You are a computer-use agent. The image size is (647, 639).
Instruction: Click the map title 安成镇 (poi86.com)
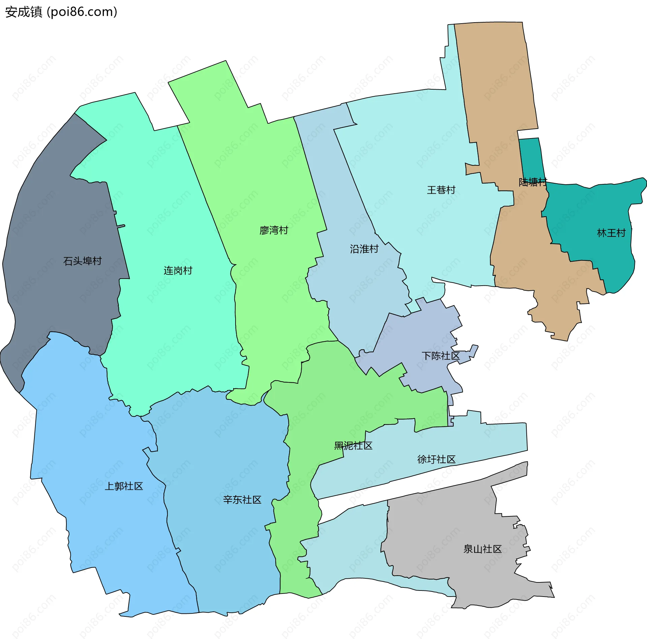(61, 12)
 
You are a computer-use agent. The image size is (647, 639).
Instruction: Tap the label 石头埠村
(82, 261)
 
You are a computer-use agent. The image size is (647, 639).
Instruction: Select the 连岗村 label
(178, 270)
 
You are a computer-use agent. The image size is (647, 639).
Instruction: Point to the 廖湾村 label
(274, 230)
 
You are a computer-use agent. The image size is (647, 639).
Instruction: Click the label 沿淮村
(364, 249)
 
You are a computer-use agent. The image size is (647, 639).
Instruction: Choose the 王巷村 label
(441, 190)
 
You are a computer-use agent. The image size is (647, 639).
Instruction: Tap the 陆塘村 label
(532, 182)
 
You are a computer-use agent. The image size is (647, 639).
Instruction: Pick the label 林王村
(611, 233)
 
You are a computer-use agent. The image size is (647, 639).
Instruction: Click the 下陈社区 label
(440, 356)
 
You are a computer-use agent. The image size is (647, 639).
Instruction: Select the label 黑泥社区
(353, 446)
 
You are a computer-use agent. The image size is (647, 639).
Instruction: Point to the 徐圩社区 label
(436, 459)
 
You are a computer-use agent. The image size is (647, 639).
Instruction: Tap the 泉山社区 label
(482, 549)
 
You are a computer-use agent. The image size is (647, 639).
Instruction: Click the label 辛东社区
(242, 500)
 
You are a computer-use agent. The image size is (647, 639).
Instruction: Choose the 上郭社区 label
(124, 486)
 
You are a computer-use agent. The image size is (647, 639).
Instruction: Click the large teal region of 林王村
(593, 209)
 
